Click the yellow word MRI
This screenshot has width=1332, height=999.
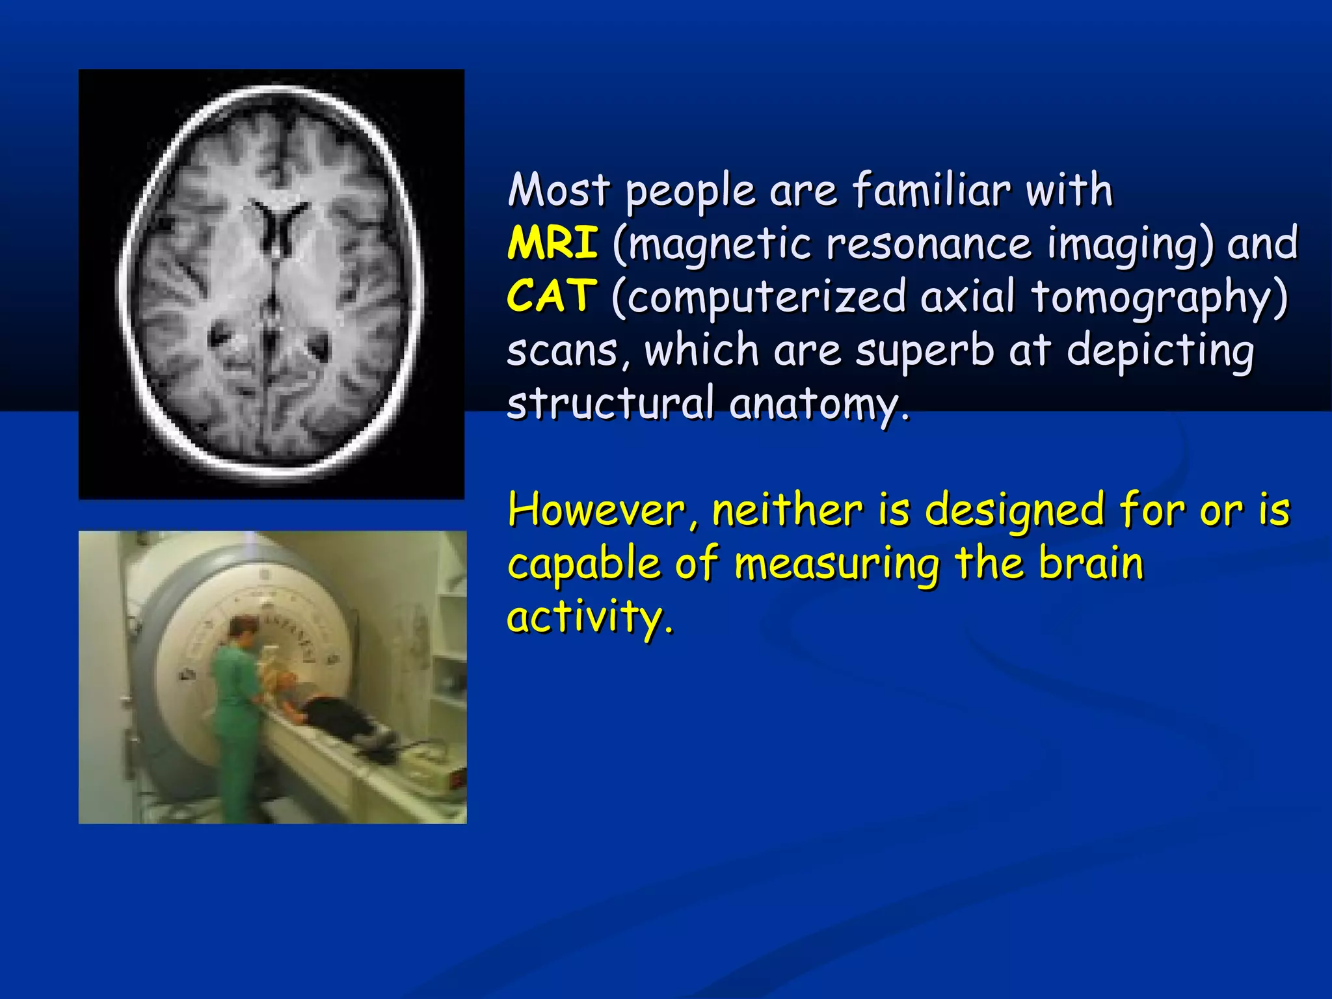click(x=552, y=243)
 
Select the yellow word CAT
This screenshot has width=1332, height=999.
click(x=551, y=297)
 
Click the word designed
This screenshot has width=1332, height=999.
click(x=1015, y=511)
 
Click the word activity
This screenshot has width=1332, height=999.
click(x=589, y=618)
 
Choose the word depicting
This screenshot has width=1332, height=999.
click(x=1160, y=351)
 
